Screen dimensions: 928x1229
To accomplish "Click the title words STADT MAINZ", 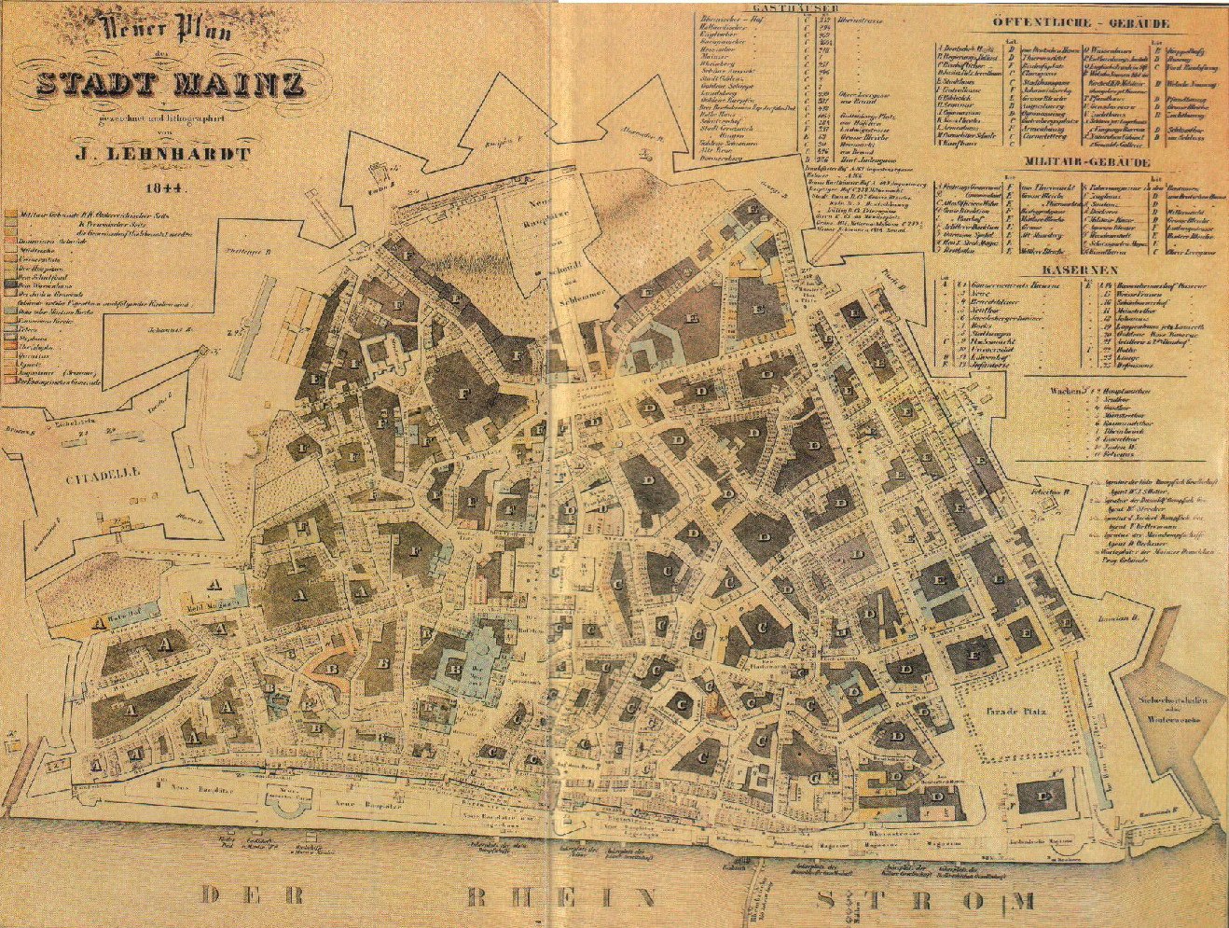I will (x=170, y=86).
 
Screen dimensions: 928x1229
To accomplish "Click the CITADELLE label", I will (x=103, y=474).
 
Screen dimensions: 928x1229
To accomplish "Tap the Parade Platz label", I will (x=1016, y=712).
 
